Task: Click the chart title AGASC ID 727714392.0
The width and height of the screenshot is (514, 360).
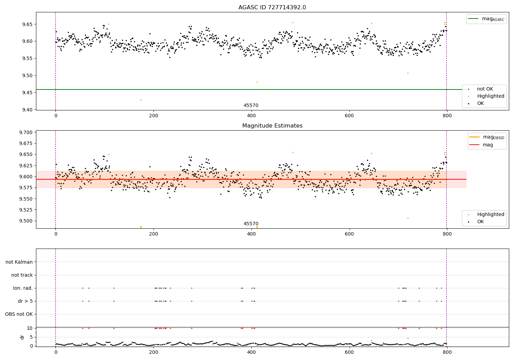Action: (x=272, y=8)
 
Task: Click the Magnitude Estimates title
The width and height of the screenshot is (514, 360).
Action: (x=272, y=126)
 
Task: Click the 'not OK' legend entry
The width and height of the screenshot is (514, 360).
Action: (x=485, y=89)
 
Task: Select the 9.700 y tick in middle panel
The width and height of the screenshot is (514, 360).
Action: (x=25, y=132)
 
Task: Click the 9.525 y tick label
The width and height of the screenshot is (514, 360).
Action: (x=25, y=210)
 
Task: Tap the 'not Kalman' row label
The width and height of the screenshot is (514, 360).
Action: (x=19, y=262)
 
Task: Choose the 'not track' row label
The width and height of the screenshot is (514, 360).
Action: (x=22, y=275)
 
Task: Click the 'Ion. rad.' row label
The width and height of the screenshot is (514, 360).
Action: (x=23, y=288)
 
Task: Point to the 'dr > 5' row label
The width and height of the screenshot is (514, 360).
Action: (x=25, y=301)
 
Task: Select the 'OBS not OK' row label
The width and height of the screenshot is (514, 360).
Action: (x=19, y=314)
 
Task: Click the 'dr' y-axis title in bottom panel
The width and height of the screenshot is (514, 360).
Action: (x=22, y=337)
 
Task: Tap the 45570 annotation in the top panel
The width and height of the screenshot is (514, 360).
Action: (x=251, y=105)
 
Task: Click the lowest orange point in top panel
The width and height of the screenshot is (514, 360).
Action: (x=141, y=100)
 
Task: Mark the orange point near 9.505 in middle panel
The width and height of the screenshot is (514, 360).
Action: (x=408, y=218)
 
